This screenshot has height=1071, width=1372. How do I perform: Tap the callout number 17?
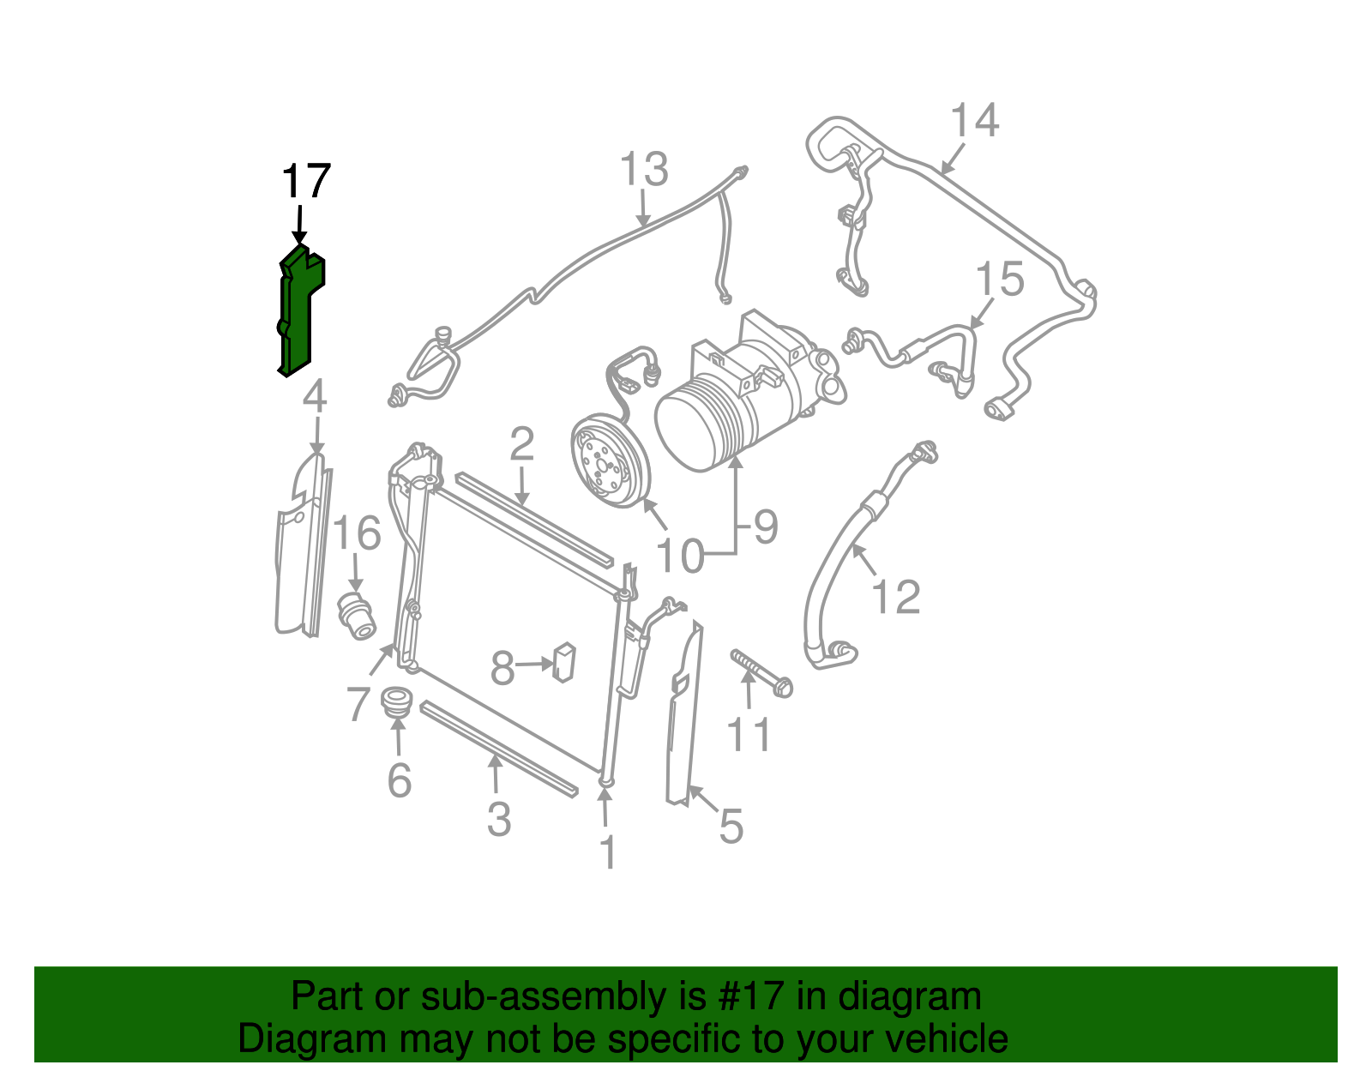pos(305,181)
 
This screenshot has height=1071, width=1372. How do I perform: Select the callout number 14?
pos(974,120)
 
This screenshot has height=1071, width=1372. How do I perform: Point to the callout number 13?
pos(643,169)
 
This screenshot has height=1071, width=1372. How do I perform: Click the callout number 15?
pos(1000,279)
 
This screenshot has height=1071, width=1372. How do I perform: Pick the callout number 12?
pos(896,597)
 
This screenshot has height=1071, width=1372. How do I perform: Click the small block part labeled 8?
pos(564,663)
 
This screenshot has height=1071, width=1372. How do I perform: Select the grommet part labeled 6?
pos(397,701)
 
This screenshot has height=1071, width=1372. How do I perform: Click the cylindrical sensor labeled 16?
pos(358,615)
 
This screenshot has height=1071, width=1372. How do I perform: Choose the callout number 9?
pos(765,527)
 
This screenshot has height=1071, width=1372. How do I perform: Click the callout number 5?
pos(731,826)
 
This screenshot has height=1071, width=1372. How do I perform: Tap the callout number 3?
pos(499,820)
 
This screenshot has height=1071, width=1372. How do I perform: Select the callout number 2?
pos(521,443)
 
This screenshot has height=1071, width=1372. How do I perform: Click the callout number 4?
pos(315,396)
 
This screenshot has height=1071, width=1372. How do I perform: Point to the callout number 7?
pos(358,703)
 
